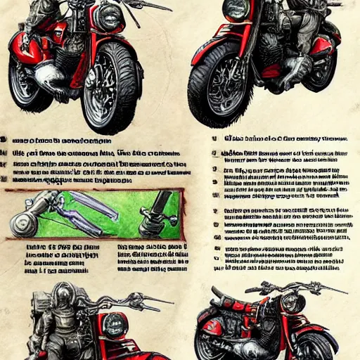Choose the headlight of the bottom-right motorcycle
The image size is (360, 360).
293,303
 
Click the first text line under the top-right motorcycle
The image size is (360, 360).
281,139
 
